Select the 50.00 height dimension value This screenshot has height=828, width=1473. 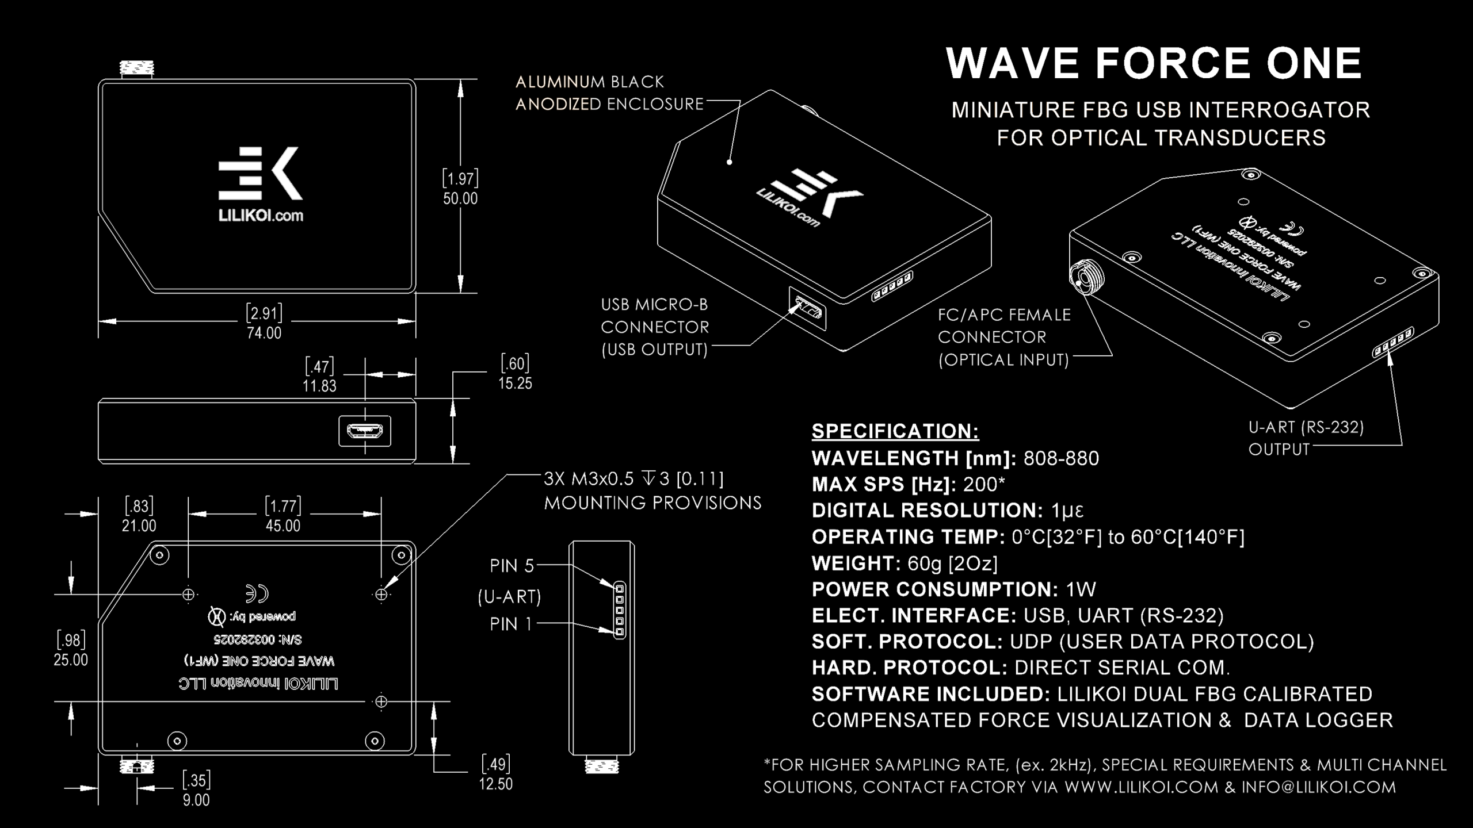tap(460, 199)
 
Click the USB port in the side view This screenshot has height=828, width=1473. tap(365, 431)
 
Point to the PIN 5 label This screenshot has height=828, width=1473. tap(512, 566)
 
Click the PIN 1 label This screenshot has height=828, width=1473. tap(511, 624)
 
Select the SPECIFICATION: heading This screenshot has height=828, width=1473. tap(895, 431)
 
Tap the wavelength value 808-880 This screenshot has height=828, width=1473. tap(1061, 458)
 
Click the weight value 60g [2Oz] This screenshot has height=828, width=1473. tap(952, 563)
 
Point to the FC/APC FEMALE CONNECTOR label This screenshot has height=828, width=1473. tap(1004, 326)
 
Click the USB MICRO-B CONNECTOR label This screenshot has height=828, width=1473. tap(655, 327)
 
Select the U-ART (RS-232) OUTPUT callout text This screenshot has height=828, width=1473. tap(1306, 438)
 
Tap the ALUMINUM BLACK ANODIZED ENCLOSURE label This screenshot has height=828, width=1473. tap(609, 93)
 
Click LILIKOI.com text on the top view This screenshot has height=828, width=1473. tap(261, 216)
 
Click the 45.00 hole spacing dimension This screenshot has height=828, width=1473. tap(283, 526)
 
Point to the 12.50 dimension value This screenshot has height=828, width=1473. tap(495, 784)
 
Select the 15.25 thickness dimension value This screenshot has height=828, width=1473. tap(515, 384)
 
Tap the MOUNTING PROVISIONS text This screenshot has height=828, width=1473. tap(652, 503)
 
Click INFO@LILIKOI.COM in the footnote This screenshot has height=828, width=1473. tap(1318, 787)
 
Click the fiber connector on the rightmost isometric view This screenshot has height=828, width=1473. tap(1086, 277)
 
